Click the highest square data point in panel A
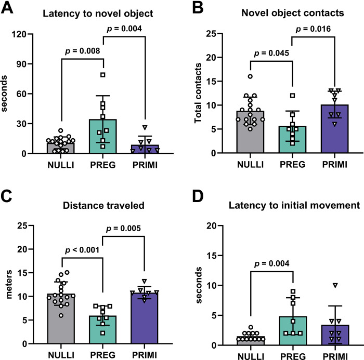[103, 75]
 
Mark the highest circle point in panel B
[250, 76]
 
